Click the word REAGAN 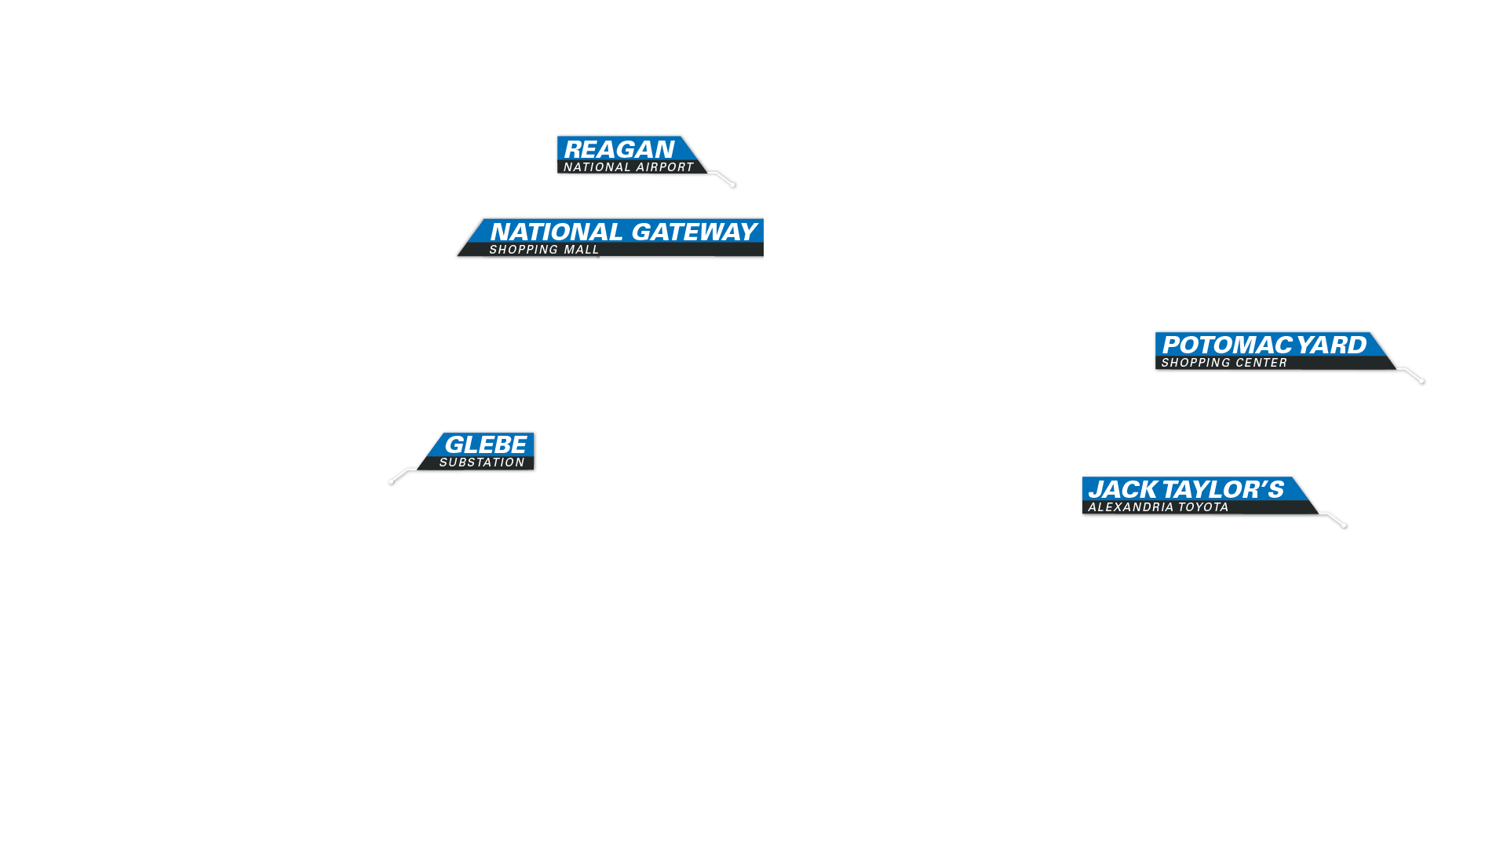[618, 149]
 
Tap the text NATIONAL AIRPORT [629, 167]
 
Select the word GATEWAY [694, 232]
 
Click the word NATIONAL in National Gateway [556, 232]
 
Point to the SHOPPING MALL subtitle [544, 250]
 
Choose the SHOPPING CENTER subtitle [1224, 363]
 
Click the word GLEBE [485, 444]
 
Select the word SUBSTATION [482, 462]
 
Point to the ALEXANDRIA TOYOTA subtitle [1159, 507]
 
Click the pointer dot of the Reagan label [733, 185]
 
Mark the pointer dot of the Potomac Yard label [1421, 381]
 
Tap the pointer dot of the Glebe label [392, 481]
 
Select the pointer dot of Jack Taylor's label [1345, 525]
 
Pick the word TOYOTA [1204, 507]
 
